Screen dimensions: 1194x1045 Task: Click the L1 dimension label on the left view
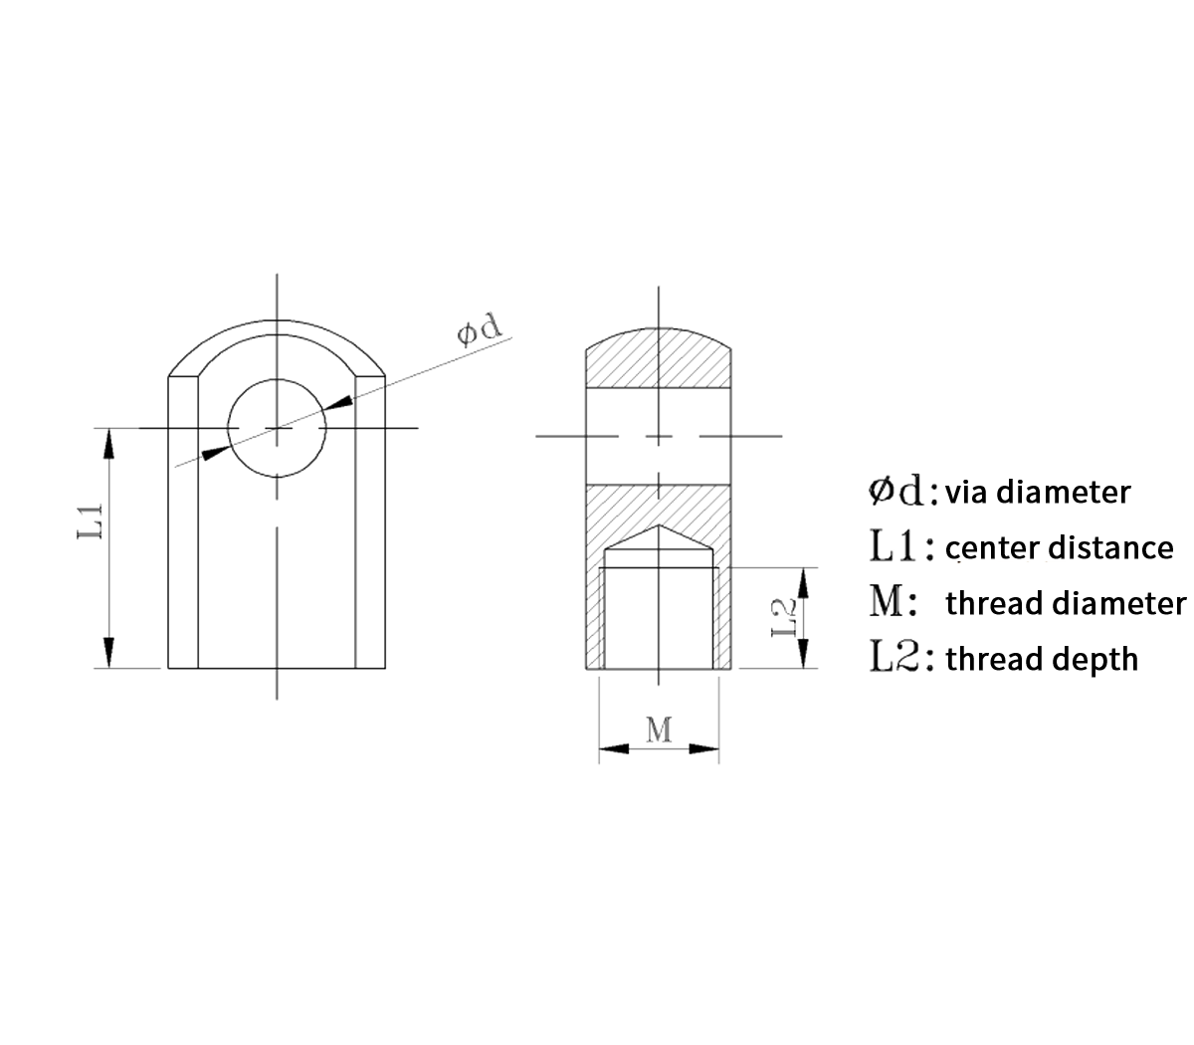[91, 521]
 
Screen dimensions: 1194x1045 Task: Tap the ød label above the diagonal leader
[479, 329]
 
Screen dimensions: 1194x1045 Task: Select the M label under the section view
[659, 730]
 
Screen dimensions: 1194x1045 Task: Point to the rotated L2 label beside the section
[784, 618]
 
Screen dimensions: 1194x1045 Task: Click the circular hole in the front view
[277, 428]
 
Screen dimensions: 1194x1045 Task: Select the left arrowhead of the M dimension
[614, 749]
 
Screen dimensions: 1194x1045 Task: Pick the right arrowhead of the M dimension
[703, 749]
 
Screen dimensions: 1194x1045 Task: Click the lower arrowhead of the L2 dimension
[803, 653]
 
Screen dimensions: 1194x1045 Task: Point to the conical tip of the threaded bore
[659, 525]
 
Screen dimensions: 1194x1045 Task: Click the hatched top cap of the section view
[659, 358]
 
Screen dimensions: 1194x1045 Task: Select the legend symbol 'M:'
[893, 602]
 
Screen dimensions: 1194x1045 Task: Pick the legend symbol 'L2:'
[901, 657]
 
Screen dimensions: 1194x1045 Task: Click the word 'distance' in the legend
[1111, 547]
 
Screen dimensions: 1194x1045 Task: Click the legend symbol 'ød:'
[902, 491]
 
